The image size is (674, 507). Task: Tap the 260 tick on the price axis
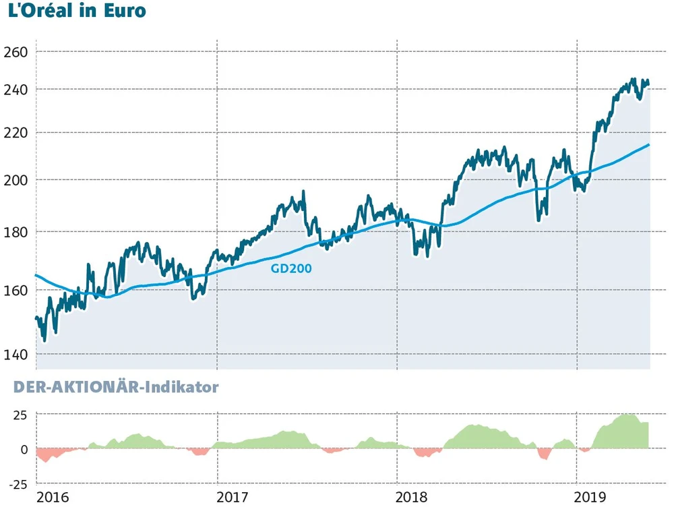[16, 52]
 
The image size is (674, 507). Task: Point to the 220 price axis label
[16, 132]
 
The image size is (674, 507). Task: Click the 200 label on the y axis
[16, 180]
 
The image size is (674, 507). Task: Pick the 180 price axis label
[16, 232]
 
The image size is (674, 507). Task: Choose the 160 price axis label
[16, 291]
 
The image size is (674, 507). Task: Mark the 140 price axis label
[16, 355]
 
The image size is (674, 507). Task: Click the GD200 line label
[291, 268]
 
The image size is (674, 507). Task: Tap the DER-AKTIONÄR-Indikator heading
[111, 388]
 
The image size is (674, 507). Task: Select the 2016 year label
[53, 498]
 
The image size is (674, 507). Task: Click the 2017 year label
[233, 498]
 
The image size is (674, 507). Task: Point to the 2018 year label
[413, 498]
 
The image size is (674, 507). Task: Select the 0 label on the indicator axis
[24, 450]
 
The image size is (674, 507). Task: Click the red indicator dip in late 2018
[544, 454]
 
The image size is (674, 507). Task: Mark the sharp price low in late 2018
[539, 218]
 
